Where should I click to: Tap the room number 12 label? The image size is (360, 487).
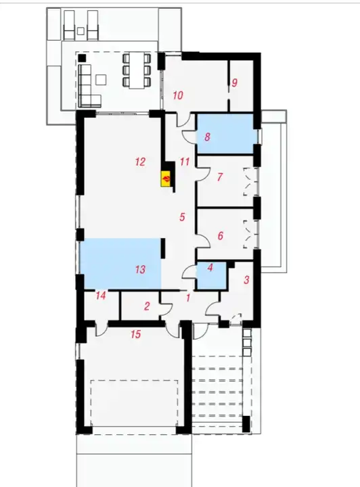pyautogui.click(x=140, y=162)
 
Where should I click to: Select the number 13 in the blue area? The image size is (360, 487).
pyautogui.click(x=140, y=269)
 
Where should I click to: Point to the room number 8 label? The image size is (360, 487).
pyautogui.click(x=207, y=137)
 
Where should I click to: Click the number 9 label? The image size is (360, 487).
pyautogui.click(x=235, y=83)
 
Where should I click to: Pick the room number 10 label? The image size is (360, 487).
pyautogui.click(x=178, y=95)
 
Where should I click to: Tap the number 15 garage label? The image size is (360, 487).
pyautogui.click(x=136, y=334)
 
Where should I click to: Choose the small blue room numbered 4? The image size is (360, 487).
pyautogui.click(x=211, y=276)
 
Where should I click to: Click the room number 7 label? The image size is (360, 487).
pyautogui.click(x=220, y=177)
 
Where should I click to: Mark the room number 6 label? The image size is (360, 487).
pyautogui.click(x=220, y=236)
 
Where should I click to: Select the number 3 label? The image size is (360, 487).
pyautogui.click(x=246, y=280)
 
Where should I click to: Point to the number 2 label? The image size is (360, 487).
pyautogui.click(x=147, y=306)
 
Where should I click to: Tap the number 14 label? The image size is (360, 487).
pyautogui.click(x=101, y=296)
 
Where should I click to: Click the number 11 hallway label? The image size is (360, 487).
pyautogui.click(x=185, y=162)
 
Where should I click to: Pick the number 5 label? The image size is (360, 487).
pyautogui.click(x=182, y=217)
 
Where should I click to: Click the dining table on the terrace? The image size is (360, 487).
pyautogui.click(x=137, y=71)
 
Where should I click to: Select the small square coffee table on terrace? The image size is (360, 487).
pyautogui.click(x=101, y=80)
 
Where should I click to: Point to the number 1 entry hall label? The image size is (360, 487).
pyautogui.click(x=187, y=298)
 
